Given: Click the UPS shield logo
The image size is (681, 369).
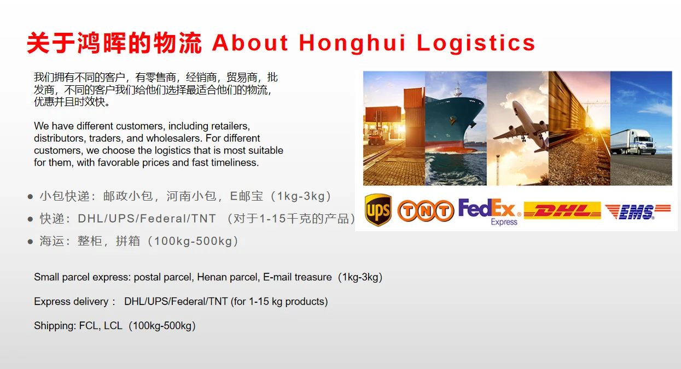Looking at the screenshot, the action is [378, 210].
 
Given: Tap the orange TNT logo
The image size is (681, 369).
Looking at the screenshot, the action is [426, 210].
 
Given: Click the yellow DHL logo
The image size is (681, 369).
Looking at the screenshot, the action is [562, 210].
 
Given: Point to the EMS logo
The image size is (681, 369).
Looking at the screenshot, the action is [638, 212].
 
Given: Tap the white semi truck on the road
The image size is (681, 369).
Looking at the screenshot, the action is [633, 142].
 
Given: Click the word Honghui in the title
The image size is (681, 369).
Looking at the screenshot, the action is [352, 43].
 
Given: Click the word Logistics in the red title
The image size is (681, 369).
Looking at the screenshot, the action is [476, 43].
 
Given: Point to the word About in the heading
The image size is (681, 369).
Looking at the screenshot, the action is [250, 43].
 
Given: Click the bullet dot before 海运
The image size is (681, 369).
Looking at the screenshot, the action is [30, 242].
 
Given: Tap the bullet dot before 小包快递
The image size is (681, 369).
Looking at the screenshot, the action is [30, 197].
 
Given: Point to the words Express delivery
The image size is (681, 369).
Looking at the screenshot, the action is [71, 302].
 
